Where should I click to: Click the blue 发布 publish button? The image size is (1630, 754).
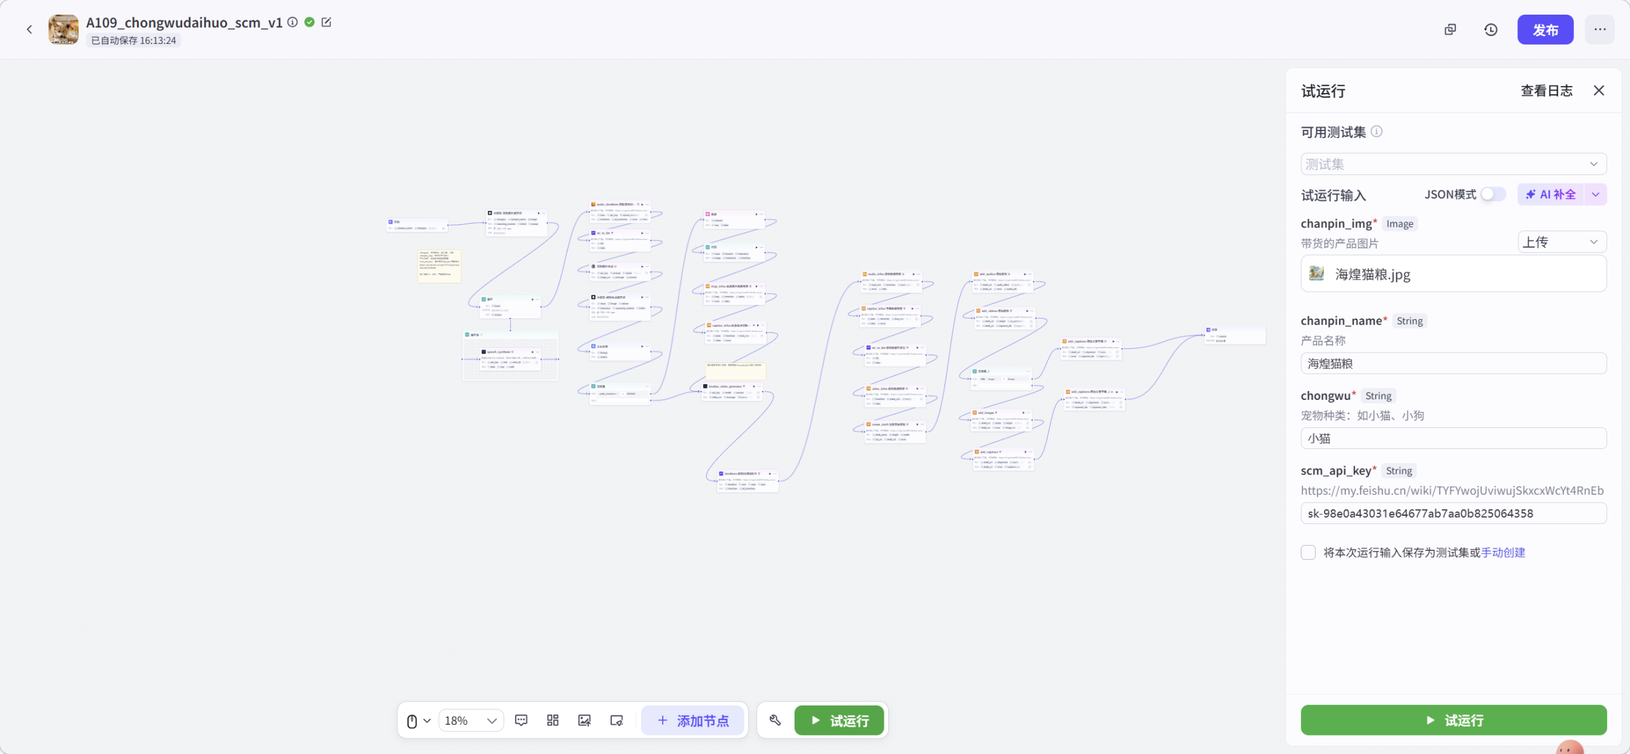point(1545,30)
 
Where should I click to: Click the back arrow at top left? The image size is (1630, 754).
point(29,29)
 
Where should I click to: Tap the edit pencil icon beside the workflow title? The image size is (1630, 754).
point(327,22)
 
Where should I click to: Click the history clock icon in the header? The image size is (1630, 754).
point(1491,30)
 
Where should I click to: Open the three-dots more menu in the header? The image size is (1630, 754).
point(1599,30)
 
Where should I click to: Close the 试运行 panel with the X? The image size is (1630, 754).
point(1599,90)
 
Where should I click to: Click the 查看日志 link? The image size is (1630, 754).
point(1546,90)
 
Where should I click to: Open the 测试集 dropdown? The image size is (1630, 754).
point(1453,164)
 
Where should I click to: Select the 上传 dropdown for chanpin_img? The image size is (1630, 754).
point(1561,242)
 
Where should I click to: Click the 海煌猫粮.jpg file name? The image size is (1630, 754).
point(1372,274)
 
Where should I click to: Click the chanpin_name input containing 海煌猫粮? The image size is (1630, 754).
point(1453,364)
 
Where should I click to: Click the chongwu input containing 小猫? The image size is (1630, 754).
point(1453,438)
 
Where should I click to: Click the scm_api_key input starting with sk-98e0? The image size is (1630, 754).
point(1453,513)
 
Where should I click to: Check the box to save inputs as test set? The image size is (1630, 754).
point(1308,552)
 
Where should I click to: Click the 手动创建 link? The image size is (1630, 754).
point(1503,552)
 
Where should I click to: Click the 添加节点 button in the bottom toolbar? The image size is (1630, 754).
point(693,720)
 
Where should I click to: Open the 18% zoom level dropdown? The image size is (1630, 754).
point(471,720)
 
